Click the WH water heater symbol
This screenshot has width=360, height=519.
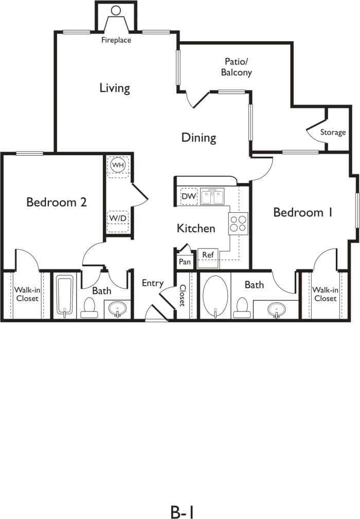click(x=118, y=165)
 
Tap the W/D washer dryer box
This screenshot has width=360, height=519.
click(x=118, y=218)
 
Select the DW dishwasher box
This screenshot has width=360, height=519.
click(x=188, y=196)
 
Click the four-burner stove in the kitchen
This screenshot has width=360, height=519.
click(x=238, y=224)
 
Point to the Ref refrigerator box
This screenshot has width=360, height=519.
click(x=208, y=255)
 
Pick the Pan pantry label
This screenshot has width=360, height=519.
click(x=184, y=261)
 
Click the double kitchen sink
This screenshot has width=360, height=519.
click(x=212, y=196)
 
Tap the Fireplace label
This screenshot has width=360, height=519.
click(x=116, y=40)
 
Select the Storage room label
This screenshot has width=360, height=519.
click(x=333, y=133)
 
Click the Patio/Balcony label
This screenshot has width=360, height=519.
click(x=237, y=67)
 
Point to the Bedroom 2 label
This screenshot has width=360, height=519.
click(x=57, y=202)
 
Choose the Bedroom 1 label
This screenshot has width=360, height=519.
click(x=298, y=212)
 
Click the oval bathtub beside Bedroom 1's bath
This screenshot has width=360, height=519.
click(x=215, y=297)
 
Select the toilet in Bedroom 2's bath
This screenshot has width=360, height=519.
click(x=90, y=307)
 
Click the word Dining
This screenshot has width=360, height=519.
click(x=199, y=138)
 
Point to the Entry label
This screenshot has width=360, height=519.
click(x=153, y=283)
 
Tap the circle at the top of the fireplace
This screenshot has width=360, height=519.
click(x=116, y=10)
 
